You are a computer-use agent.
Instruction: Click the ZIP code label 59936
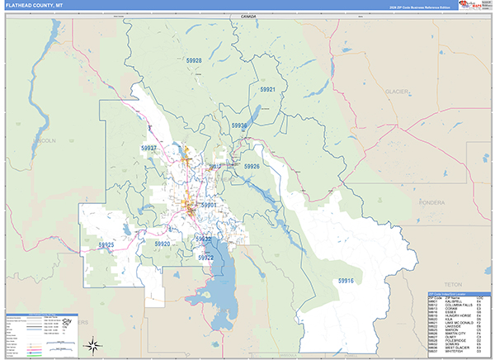239,126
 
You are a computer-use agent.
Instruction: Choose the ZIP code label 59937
149,147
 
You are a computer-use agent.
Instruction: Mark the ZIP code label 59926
252,166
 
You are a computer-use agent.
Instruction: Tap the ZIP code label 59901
208,205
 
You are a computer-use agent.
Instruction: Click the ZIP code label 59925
106,245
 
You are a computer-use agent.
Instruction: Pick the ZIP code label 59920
162,244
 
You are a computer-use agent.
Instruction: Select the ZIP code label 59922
205,258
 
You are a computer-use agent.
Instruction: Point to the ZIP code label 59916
345,281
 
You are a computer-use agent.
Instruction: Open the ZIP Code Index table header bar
457,293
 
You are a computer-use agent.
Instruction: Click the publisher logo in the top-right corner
475,6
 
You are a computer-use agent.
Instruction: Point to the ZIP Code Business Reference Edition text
422,7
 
